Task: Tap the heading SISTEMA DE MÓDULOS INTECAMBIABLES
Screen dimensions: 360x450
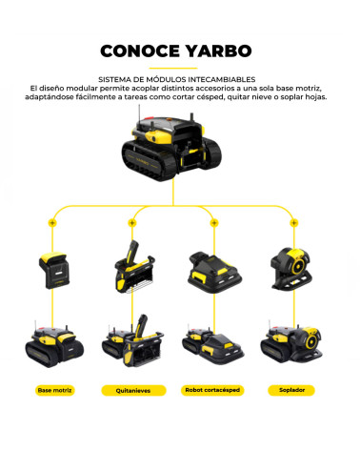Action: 180,78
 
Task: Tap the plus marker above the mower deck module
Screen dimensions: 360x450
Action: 213,222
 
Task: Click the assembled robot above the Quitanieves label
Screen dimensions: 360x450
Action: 130,345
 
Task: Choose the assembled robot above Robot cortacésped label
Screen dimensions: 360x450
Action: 214,348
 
